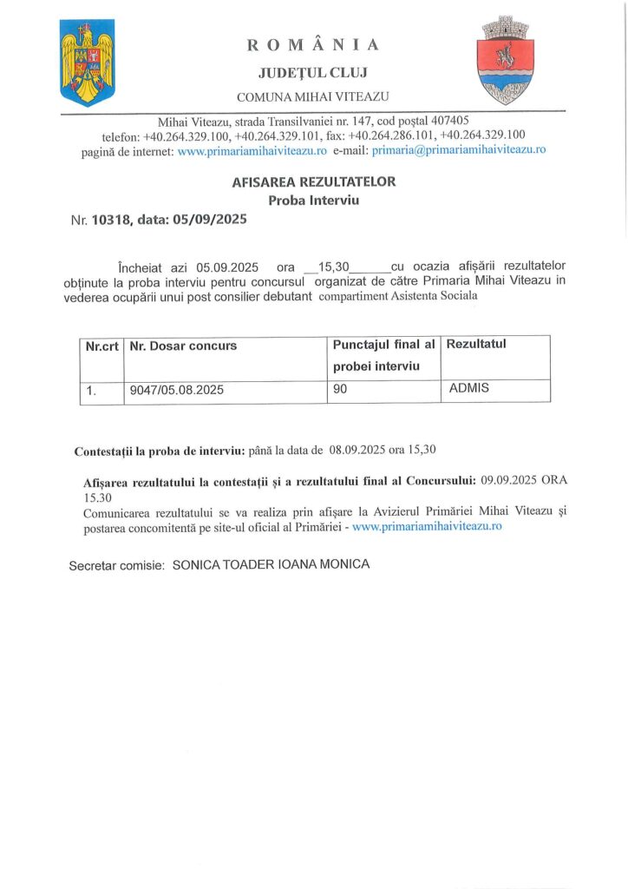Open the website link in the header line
(x=252, y=149)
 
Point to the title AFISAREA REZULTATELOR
(x=313, y=182)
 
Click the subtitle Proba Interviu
(x=313, y=201)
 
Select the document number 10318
(x=112, y=221)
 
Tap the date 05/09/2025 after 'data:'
(x=210, y=221)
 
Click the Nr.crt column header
(x=101, y=346)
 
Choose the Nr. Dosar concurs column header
(x=183, y=346)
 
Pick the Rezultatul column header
(x=475, y=345)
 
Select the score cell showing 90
(x=340, y=391)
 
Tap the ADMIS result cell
(x=469, y=388)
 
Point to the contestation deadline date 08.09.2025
(x=357, y=451)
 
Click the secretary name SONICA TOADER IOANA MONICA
(x=271, y=564)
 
